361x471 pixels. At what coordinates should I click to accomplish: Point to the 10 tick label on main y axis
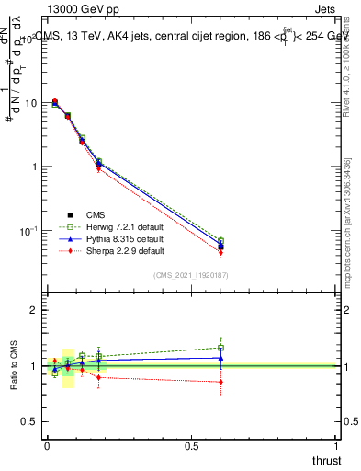(x=28, y=103)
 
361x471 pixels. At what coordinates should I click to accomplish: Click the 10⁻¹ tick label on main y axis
(x=27, y=230)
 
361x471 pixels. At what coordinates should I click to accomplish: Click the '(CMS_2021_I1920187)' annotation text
(x=191, y=275)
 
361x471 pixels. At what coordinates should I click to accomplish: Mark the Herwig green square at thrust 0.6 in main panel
(x=220, y=240)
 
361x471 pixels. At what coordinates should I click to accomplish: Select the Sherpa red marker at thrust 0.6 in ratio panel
(x=220, y=382)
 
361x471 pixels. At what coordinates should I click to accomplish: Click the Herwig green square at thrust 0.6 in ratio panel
(x=220, y=348)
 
